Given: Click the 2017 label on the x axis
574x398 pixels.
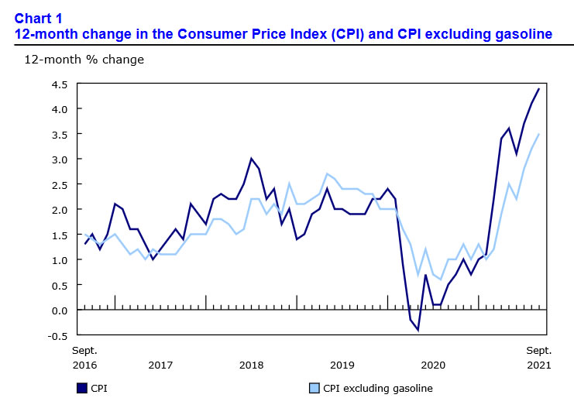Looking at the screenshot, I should [160, 364].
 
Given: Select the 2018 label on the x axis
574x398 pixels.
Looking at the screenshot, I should [252, 364].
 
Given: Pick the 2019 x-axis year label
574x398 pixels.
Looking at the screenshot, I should [342, 364].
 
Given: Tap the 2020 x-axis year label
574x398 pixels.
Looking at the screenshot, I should [434, 364].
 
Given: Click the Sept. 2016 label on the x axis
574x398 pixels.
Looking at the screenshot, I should [85, 357].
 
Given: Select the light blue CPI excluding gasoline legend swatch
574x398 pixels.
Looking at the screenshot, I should [314, 388].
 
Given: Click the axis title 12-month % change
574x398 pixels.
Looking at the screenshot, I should [84, 59].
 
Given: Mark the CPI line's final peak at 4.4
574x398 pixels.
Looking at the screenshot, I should [539, 89].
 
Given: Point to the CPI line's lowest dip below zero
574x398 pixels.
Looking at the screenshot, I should [418, 330].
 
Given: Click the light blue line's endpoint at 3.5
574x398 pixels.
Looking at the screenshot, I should [539, 134].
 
